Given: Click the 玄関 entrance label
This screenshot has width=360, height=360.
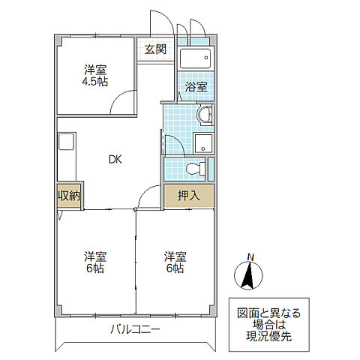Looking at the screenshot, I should (x=155, y=50).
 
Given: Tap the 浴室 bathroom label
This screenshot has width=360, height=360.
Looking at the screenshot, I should (x=196, y=86).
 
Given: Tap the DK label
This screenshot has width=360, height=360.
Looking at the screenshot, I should (x=114, y=159).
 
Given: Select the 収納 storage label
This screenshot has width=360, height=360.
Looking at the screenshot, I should (x=69, y=196).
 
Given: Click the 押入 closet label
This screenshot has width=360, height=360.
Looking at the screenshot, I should (x=188, y=196).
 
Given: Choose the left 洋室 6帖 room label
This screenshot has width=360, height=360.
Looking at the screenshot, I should (x=95, y=262).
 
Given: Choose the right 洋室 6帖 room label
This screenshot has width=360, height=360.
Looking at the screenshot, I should (x=175, y=262).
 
